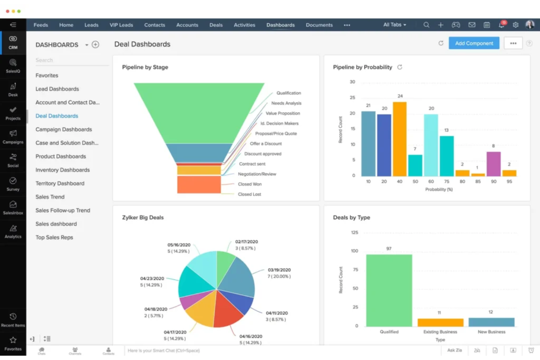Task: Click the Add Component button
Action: pyautogui.click(x=474, y=43)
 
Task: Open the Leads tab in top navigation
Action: pyautogui.click(x=91, y=25)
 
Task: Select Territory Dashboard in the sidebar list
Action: pyautogui.click(x=60, y=183)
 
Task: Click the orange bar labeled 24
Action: pyautogui.click(x=400, y=139)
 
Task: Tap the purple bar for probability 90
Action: pyautogui.click(x=493, y=164)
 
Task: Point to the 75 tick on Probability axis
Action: pyautogui.click(x=447, y=181)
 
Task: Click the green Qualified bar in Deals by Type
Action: pyautogui.click(x=389, y=290)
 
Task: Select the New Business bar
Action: pyautogui.click(x=491, y=322)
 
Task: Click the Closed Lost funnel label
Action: pyautogui.click(x=250, y=194)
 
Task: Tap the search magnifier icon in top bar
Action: pyautogui.click(x=426, y=25)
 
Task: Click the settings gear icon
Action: pyautogui.click(x=515, y=25)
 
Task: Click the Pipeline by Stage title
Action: pyautogui.click(x=145, y=67)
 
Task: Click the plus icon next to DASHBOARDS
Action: pyautogui.click(x=95, y=44)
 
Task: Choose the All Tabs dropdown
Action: pyautogui.click(x=394, y=25)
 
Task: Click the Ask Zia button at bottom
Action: pyautogui.click(x=454, y=350)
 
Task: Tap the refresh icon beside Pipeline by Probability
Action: pyautogui.click(x=400, y=67)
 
